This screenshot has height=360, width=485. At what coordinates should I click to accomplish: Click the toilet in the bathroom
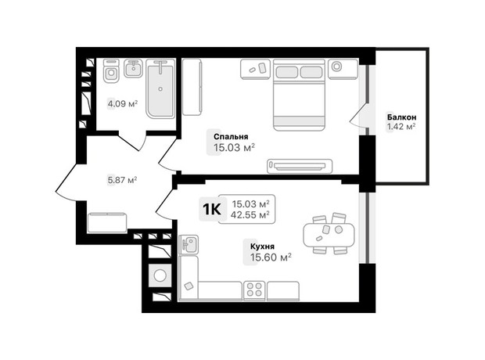[111, 71]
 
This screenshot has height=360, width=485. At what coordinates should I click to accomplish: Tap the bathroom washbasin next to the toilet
[133, 68]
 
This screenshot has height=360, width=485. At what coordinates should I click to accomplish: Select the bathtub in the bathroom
[160, 88]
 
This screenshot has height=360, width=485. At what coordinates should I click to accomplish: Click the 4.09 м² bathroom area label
[123, 104]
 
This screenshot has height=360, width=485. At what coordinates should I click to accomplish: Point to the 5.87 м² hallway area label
[122, 180]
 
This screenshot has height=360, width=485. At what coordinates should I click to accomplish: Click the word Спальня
[231, 136]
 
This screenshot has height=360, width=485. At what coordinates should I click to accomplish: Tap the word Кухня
[262, 247]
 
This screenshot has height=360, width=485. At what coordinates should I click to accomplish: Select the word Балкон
[401, 117]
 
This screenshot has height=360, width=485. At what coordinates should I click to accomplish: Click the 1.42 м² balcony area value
[401, 127]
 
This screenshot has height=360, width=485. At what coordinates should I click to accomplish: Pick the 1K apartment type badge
[211, 210]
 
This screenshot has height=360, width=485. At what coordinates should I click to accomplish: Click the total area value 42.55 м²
[250, 214]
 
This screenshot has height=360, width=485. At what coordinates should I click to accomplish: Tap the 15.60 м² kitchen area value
[271, 257]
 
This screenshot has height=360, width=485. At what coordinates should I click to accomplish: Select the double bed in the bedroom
[299, 95]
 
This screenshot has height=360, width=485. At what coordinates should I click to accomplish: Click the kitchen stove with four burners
[254, 290]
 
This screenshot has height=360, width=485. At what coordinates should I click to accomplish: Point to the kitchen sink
[189, 244]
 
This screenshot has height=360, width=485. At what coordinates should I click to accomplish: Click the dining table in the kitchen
[329, 234]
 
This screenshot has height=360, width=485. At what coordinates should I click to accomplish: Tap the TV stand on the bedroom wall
[300, 166]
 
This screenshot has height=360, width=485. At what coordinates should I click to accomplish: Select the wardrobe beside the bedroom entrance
[192, 87]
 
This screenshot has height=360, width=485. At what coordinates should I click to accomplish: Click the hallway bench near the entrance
[107, 222]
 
